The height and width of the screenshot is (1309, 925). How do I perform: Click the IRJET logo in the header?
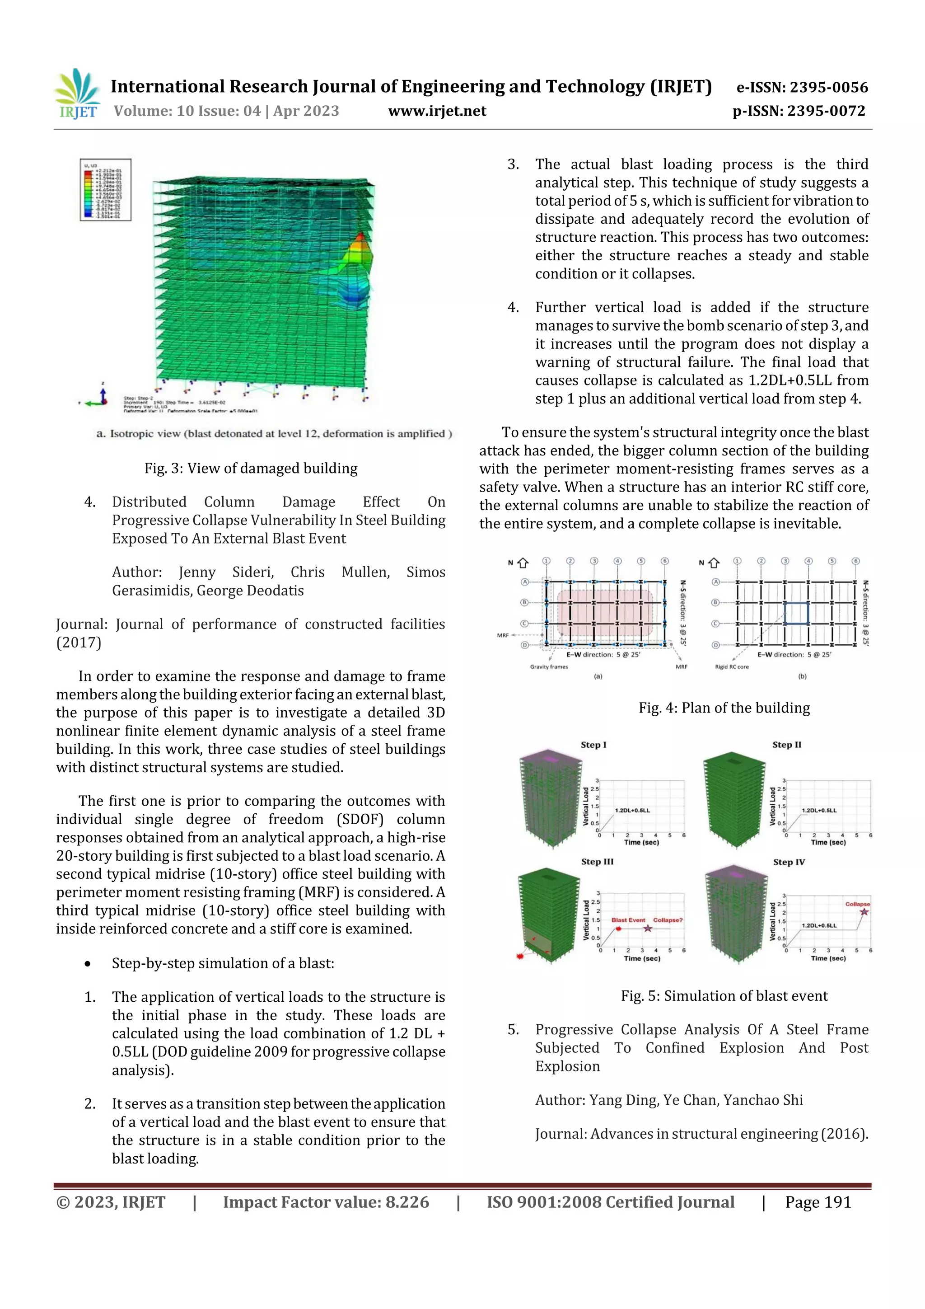tap(78, 94)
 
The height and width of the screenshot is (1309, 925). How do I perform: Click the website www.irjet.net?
tap(437, 111)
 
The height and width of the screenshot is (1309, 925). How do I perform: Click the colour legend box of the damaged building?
tap(105, 190)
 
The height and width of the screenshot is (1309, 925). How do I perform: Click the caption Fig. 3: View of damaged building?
tap(251, 468)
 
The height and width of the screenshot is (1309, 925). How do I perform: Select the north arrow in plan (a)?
tap(522, 563)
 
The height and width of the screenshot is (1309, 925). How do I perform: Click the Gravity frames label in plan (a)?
tap(548, 666)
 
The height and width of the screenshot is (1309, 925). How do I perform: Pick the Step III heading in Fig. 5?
tap(597, 862)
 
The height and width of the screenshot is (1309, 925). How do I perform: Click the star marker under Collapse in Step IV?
tap(864, 912)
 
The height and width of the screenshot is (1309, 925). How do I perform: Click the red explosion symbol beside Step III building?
tap(519, 956)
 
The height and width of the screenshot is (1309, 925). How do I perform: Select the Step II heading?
tap(786, 745)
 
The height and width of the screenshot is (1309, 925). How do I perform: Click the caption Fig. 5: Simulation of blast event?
tap(724, 996)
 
